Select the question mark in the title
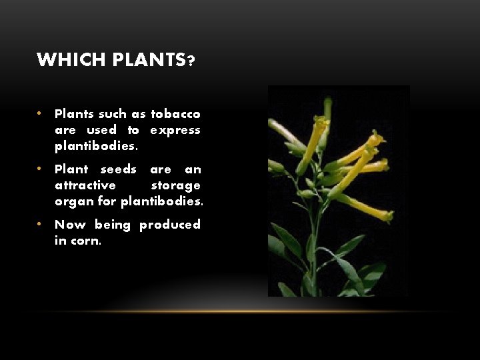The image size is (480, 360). coord(191,61)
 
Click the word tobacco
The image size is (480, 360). coord(175,114)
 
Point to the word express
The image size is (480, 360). coord(175,130)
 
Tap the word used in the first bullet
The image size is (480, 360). coord(102,130)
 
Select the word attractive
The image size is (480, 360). coord(85,185)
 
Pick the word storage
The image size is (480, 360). coord(176,185)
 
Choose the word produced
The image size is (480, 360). coord(170,225)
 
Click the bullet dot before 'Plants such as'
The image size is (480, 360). coord(41,114)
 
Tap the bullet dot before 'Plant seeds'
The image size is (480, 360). coord(41,169)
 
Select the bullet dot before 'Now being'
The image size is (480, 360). coord(41,225)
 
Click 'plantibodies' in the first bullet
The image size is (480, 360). coord(94,146)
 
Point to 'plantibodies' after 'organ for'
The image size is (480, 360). coord(162,201)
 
